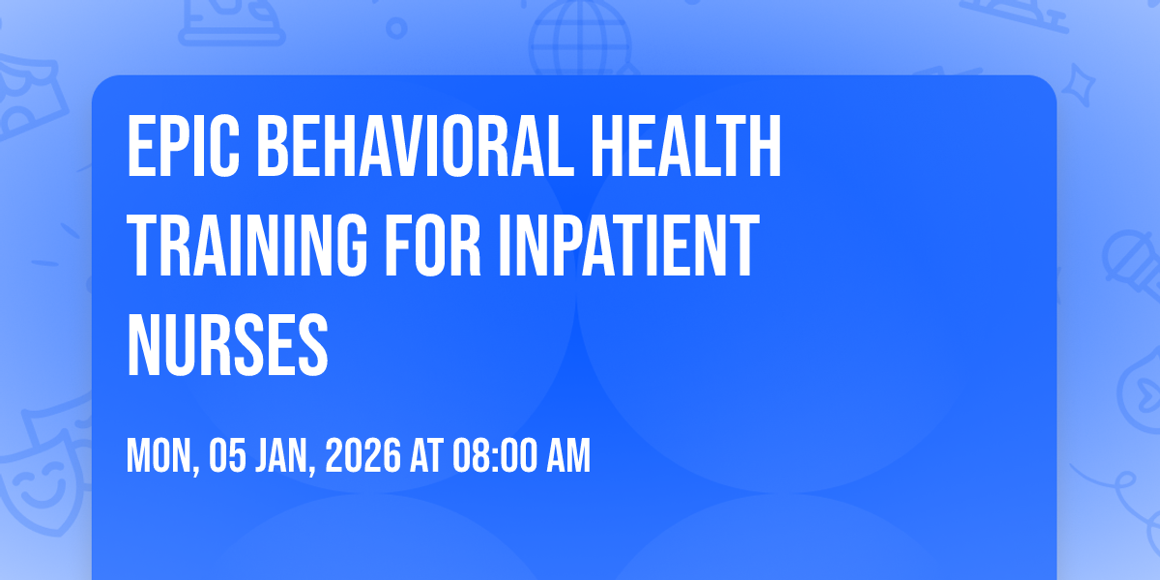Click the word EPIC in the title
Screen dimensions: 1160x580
click(184, 146)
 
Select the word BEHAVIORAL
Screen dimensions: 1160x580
click(416, 146)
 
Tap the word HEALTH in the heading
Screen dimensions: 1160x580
click(686, 146)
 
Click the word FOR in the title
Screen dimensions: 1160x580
click(433, 246)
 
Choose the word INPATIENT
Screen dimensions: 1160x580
click(628, 246)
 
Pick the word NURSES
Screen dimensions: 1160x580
click(227, 345)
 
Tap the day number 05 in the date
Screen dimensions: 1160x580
click(227, 455)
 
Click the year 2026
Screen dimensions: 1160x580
click(363, 455)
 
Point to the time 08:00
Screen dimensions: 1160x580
click(495, 455)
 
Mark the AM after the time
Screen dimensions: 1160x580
click(568, 455)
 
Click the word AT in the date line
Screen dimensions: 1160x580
click(427, 455)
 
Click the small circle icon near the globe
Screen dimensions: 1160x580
click(396, 28)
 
